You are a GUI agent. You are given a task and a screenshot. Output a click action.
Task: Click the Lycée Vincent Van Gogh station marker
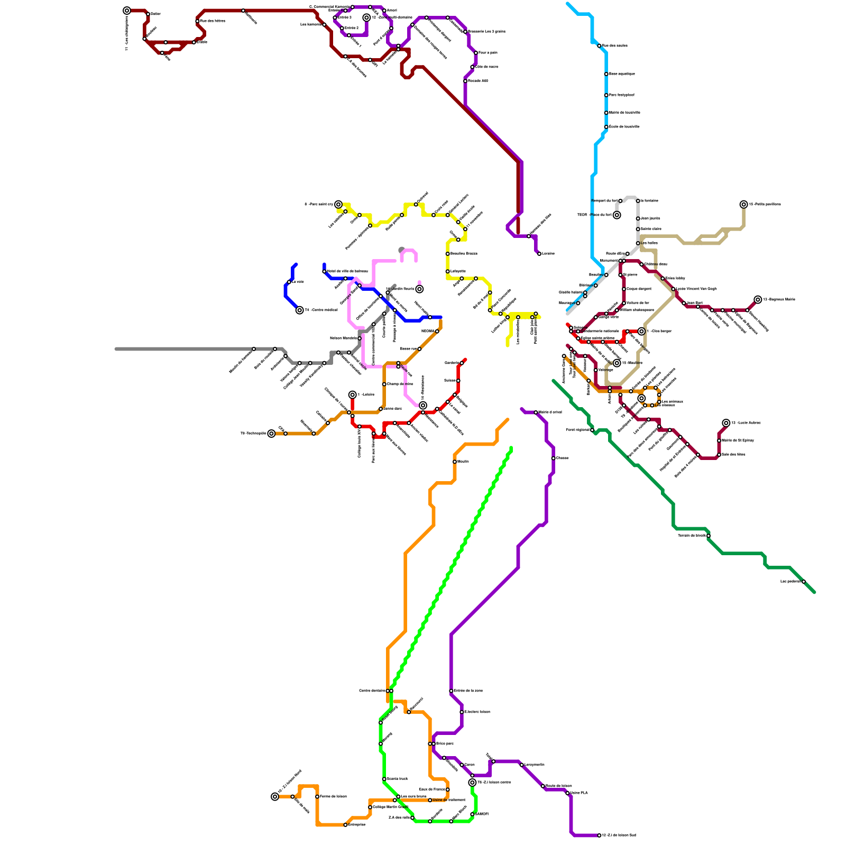pyautogui.click(x=673, y=289)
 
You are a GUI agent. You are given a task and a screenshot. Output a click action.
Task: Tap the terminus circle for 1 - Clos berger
pyautogui.click(x=641, y=332)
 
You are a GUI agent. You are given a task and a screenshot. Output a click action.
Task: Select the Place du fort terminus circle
pyautogui.click(x=617, y=215)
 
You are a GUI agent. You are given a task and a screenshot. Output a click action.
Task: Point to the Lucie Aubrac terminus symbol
pyautogui.click(x=726, y=423)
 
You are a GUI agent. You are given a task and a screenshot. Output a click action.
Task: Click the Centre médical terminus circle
pyautogui.click(x=300, y=310)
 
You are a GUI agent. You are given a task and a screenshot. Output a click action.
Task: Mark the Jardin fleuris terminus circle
pyautogui.click(x=419, y=289)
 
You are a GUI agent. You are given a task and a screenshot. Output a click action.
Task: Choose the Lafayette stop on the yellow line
pyautogui.click(x=448, y=271)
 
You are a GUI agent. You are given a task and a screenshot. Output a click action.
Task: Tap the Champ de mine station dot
pyautogui.click(x=384, y=384)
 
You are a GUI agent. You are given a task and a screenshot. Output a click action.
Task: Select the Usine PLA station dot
pyautogui.click(x=567, y=793)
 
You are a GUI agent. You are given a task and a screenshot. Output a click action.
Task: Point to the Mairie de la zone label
pyautogui.click(x=468, y=691)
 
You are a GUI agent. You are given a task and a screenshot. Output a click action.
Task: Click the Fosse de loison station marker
pyautogui.click(x=317, y=797)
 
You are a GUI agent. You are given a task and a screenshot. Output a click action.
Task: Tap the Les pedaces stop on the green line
pyautogui.click(x=804, y=582)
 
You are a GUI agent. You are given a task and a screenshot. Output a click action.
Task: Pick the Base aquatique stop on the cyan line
pyautogui.click(x=606, y=74)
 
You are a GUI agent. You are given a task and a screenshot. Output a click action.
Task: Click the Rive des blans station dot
pyautogui.click(x=197, y=21)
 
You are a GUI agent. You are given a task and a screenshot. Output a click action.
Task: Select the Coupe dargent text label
pyautogui.click(x=639, y=289)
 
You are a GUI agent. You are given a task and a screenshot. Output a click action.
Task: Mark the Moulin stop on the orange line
pyautogui.click(x=455, y=462)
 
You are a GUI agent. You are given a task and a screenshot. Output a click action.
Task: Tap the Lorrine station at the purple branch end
pyautogui.click(x=539, y=254)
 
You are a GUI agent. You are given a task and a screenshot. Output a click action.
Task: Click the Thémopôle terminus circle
pyautogui.click(x=271, y=434)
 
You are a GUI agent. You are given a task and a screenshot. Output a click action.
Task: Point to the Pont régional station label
pyautogui.click(x=577, y=430)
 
